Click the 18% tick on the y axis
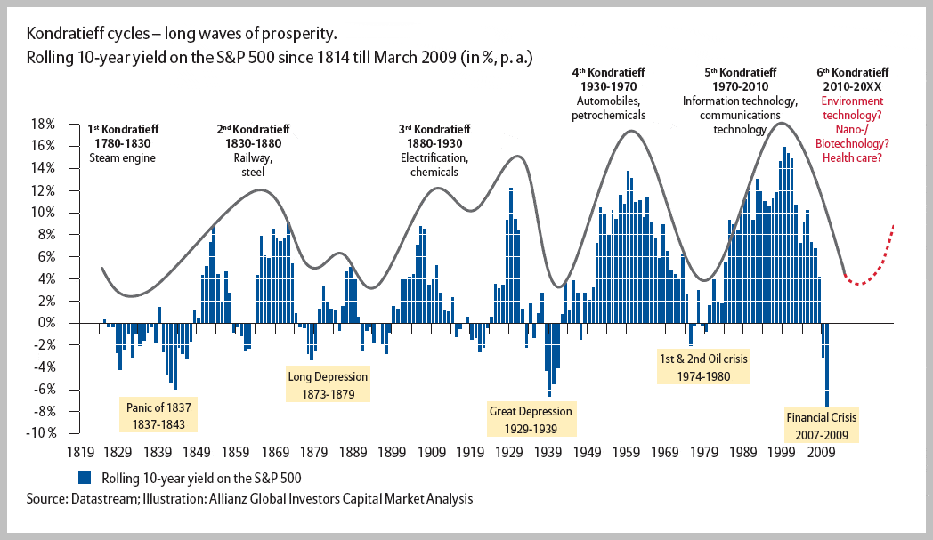(45, 124)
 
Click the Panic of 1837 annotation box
(155, 415)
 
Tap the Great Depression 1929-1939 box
(531, 419)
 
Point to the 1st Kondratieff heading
(123, 131)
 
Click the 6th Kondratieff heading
(853, 71)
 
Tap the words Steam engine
(123, 158)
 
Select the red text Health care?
(853, 157)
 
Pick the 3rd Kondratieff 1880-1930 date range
(434, 144)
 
